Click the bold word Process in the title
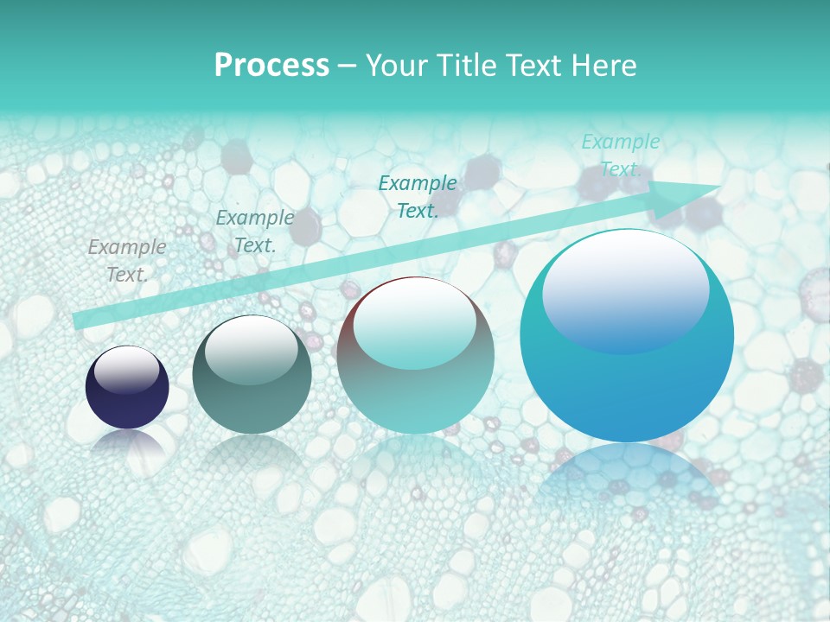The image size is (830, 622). coord(271,66)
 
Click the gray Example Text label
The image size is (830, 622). coord(127,261)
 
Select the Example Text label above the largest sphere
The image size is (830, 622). coord(620,155)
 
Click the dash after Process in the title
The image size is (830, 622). coord(347,66)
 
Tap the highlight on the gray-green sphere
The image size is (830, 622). coord(252,350)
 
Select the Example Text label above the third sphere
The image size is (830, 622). coord(418,196)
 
